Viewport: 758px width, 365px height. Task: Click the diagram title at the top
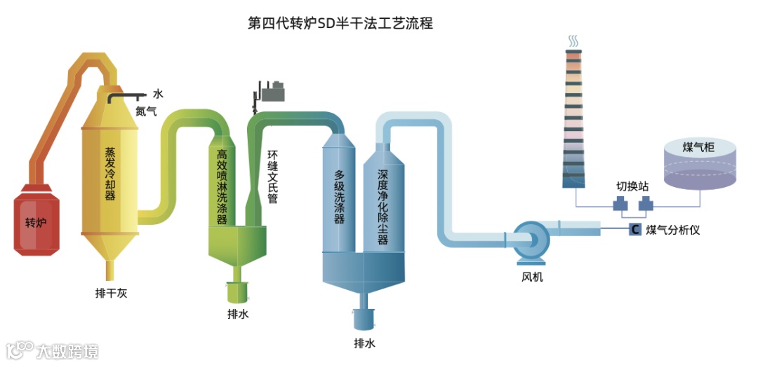point(340,24)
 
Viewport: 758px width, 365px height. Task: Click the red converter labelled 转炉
point(36,221)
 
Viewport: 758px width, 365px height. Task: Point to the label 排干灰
point(111,294)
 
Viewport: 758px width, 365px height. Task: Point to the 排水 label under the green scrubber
point(237,315)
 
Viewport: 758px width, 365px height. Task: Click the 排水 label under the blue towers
point(364,344)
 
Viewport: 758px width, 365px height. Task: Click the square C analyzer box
point(634,229)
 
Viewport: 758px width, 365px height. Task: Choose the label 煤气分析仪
point(673,230)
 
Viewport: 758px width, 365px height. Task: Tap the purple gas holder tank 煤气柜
point(700,165)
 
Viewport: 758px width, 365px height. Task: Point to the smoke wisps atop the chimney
point(574,41)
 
